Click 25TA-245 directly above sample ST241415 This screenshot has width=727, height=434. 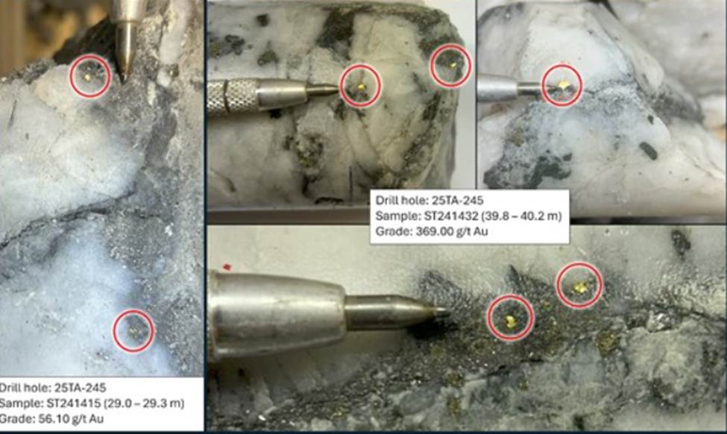81,388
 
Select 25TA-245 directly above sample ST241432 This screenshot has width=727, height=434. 458,201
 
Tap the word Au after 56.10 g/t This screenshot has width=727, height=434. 96,419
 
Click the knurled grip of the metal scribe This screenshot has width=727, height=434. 233,96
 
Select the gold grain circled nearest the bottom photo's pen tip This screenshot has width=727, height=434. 510,319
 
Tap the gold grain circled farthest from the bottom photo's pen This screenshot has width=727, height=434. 580,287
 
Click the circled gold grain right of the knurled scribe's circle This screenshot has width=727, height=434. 453,66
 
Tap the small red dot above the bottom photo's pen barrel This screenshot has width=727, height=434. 227,267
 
